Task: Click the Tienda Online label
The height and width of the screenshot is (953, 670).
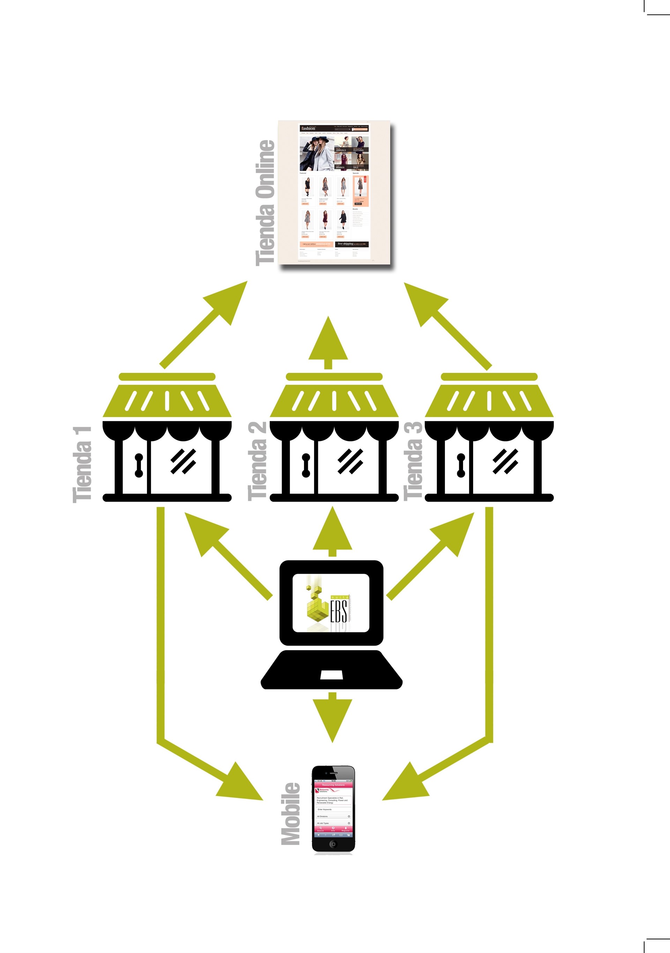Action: (266, 202)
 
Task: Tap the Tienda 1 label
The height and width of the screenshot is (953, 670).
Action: (82, 464)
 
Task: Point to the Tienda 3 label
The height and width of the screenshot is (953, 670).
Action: (413, 461)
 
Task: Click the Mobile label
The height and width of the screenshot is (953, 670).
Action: (290, 813)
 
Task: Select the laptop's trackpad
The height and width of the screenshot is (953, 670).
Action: (332, 675)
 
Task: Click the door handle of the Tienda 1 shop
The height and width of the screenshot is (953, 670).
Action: (139, 465)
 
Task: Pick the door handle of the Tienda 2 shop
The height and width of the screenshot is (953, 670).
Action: (306, 465)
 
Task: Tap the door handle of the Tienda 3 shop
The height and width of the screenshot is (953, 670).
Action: (461, 465)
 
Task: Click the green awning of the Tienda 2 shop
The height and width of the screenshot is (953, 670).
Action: (334, 400)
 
